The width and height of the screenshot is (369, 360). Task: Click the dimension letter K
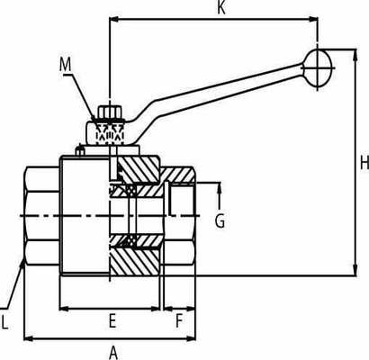(220, 9)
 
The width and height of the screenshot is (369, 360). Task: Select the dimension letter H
(363, 163)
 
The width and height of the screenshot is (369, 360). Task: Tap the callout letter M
(65, 64)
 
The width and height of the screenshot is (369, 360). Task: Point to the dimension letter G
(219, 220)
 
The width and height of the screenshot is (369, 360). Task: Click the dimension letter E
(112, 320)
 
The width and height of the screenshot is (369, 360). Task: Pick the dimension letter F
(178, 320)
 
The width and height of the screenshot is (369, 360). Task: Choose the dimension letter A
(113, 352)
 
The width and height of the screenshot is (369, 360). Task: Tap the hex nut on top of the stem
(108, 114)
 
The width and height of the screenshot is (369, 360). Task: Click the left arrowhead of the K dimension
(113, 18)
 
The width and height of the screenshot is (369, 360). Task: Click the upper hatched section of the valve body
(137, 169)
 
